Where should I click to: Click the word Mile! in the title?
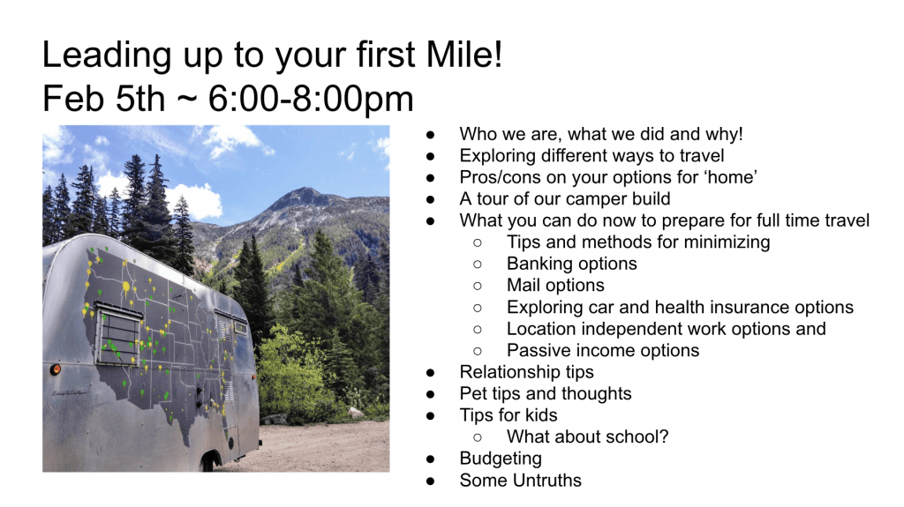464,55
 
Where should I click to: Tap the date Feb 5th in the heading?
104,99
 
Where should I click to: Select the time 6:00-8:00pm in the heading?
311,99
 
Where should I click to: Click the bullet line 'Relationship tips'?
526,372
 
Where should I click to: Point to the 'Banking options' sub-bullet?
572,264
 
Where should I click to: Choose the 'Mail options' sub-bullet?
556,285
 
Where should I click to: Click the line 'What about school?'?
587,436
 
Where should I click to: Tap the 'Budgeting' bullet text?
501,459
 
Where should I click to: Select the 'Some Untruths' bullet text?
521,481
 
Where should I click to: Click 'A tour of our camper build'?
565,198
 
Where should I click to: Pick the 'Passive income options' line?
603,350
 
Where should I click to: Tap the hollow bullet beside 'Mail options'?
478,286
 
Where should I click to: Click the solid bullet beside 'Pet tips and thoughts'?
430,395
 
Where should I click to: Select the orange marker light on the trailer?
56,369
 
